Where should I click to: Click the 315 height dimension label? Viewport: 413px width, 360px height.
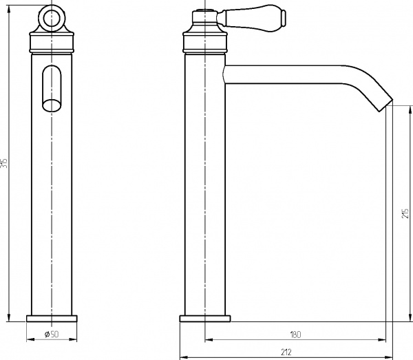(x=4, y=164)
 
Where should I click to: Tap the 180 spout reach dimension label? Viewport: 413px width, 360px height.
(x=295, y=335)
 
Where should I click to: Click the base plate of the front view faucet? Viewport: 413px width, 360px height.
(x=52, y=318)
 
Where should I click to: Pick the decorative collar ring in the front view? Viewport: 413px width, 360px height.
(x=52, y=45)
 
